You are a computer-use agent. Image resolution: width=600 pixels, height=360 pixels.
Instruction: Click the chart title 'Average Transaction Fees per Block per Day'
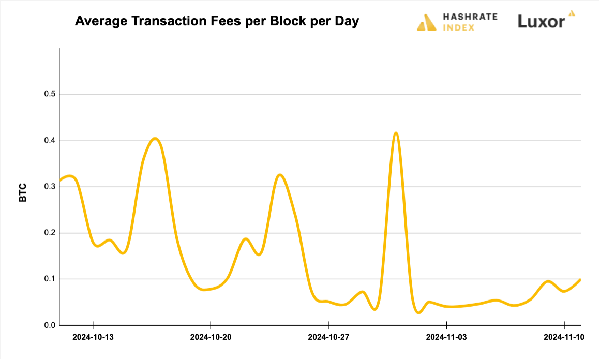coord(217,22)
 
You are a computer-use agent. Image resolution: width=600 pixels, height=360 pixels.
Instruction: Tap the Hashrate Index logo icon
coord(427,23)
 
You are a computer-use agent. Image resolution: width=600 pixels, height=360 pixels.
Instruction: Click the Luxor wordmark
coord(541,21)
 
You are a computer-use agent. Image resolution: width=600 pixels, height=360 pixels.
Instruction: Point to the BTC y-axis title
coord(23,192)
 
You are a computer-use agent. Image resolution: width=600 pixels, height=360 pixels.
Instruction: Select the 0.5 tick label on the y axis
coord(50,94)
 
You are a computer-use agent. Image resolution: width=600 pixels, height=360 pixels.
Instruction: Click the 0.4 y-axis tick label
coord(50,140)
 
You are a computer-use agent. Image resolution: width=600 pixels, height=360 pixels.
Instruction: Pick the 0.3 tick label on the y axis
coord(50,187)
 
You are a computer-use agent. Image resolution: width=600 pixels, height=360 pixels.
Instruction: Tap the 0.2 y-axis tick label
coord(50,233)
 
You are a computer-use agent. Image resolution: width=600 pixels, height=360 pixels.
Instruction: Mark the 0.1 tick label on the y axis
coord(50,279)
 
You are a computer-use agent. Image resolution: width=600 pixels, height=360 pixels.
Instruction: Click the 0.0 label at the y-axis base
coord(50,325)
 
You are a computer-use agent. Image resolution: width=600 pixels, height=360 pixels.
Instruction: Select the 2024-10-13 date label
coord(93,337)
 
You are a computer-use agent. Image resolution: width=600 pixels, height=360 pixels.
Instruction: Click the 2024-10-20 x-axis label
coord(211,337)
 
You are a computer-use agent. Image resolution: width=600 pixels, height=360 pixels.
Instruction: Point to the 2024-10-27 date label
coord(328,337)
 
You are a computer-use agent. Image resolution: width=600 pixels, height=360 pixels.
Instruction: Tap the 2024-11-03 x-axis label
coord(446,337)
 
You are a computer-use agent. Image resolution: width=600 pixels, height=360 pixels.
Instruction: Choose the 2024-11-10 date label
coord(564,337)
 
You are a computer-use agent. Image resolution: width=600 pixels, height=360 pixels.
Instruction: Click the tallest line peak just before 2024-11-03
coord(396,133)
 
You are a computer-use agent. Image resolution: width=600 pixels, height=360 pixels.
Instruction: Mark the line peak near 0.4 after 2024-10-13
coord(155,138)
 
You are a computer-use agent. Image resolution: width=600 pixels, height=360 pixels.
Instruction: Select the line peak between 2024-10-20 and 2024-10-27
coord(280,175)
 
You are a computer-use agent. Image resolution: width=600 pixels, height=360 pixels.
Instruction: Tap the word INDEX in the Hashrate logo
coord(458,27)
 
